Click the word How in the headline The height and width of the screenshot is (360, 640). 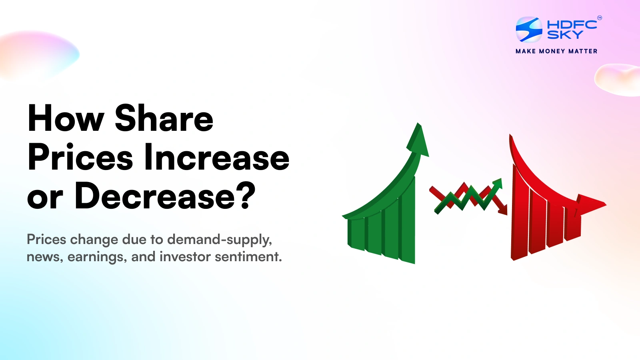tap(66, 118)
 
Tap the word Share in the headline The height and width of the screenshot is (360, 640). tap(164, 118)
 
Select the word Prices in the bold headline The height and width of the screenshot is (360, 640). tap(80, 158)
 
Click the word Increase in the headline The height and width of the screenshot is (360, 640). tap(216, 158)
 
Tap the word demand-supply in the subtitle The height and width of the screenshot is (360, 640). tap(220, 240)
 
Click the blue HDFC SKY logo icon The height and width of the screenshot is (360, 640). tap(529, 30)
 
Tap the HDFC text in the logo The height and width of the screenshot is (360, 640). tap(572, 24)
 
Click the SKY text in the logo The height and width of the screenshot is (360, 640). tap(565, 35)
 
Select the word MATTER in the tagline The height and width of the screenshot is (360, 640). tap(583, 51)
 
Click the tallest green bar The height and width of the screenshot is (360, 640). tap(407, 224)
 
